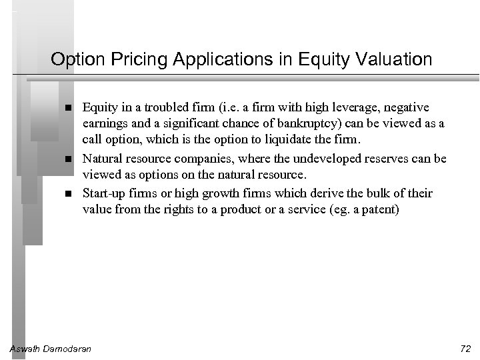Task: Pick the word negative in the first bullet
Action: coord(407,107)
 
